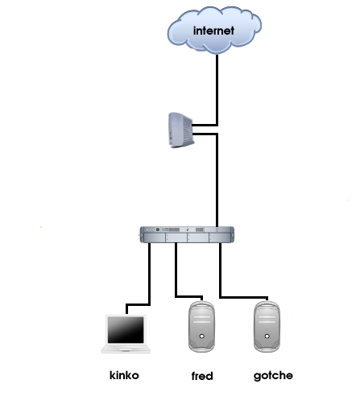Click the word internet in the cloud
[213, 31]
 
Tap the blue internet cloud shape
[214, 30]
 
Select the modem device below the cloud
[180, 130]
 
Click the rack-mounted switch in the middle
[187, 234]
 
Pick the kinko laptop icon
[126, 334]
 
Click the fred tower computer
[201, 327]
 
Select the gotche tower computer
[267, 327]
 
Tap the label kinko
[124, 375]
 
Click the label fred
[202, 376]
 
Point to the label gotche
[273, 376]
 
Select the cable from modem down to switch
[217, 180]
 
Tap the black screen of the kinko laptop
[126, 329]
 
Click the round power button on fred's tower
[202, 336]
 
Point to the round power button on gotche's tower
[267, 336]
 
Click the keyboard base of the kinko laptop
[126, 349]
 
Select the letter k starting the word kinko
[112, 375]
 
